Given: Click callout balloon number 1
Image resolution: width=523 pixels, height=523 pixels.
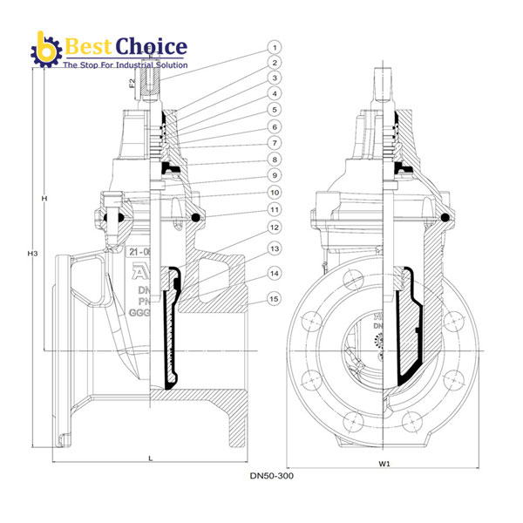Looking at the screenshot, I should pyautogui.click(x=274, y=47).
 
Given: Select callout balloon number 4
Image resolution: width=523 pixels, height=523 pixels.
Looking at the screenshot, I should pyautogui.click(x=274, y=93).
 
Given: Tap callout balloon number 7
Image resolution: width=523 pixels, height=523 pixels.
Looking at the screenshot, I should pyautogui.click(x=274, y=141).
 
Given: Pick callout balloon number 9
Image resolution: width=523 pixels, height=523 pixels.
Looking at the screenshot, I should pyautogui.click(x=274, y=175).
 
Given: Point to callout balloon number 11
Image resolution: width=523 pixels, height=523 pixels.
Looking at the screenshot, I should pyautogui.click(x=274, y=210).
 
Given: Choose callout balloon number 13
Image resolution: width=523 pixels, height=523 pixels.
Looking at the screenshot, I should pyautogui.click(x=274, y=249).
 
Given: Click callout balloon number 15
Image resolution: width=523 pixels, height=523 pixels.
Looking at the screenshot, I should pyautogui.click(x=274, y=298).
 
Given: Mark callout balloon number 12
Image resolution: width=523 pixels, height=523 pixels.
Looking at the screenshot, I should pyautogui.click(x=274, y=228).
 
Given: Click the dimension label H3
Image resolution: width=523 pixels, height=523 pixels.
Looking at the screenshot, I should pyautogui.click(x=32, y=254).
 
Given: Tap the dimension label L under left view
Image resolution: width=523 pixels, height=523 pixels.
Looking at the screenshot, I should pyautogui.click(x=151, y=457).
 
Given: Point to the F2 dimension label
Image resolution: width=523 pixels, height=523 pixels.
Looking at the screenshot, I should pyautogui.click(x=132, y=84).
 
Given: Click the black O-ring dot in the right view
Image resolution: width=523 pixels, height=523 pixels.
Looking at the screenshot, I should pyautogui.click(x=444, y=217).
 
